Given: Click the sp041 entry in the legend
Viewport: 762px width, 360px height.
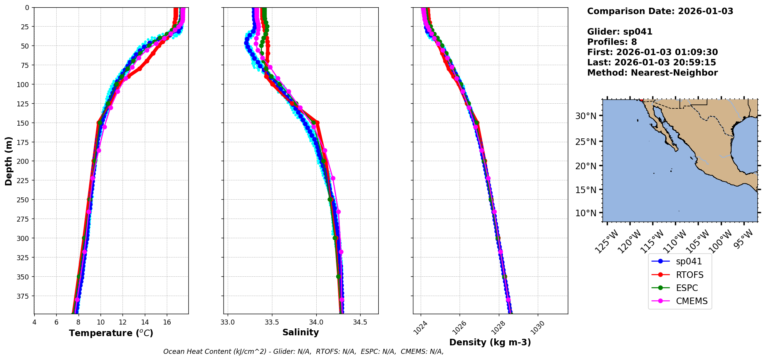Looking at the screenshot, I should click(688, 261).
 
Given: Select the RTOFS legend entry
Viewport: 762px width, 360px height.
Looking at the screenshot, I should click(689, 275).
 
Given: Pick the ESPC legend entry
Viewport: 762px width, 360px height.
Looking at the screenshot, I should click(686, 288).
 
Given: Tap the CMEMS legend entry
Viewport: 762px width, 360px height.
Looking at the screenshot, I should click(692, 301).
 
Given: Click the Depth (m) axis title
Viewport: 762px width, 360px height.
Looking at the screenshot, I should click(8, 161).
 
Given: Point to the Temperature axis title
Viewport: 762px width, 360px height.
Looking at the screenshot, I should click(111, 333).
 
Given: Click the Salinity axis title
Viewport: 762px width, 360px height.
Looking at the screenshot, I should click(300, 332).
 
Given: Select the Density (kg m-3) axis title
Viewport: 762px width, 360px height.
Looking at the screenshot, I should click(490, 342).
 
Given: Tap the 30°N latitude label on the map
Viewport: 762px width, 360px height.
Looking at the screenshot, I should click(586, 116).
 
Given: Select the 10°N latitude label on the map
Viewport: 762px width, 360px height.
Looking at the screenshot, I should click(586, 213).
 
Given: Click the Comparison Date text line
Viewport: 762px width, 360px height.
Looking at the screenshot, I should click(660, 11).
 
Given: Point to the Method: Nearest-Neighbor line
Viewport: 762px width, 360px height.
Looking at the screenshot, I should click(652, 73).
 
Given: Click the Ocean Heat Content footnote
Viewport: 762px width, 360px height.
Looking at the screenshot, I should click(303, 352).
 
